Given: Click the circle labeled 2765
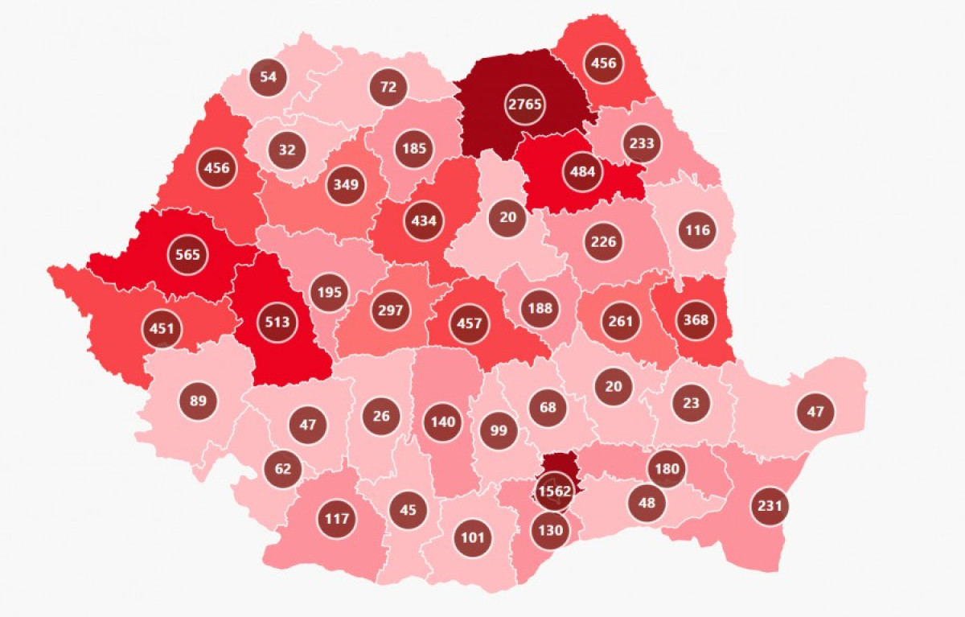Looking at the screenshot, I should pyautogui.click(x=525, y=104).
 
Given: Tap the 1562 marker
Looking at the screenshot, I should pyautogui.click(x=554, y=491).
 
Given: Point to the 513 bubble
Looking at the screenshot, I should pyautogui.click(x=277, y=323).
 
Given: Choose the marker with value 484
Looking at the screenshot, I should pyautogui.click(x=581, y=173).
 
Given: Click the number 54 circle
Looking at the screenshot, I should pyautogui.click(x=269, y=77).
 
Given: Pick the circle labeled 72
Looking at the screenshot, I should pyautogui.click(x=388, y=87).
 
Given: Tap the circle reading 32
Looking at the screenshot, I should pyautogui.click(x=287, y=150).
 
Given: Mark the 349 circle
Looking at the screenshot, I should pyautogui.click(x=347, y=184).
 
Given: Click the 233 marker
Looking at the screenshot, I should pyautogui.click(x=642, y=144).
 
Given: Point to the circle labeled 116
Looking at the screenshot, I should pyautogui.click(x=697, y=230).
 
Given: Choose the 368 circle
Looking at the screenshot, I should pyautogui.click(x=696, y=319).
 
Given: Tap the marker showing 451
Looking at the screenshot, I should pyautogui.click(x=162, y=328).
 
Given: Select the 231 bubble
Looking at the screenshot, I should pyautogui.click(x=770, y=507).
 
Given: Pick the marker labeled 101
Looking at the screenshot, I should pyautogui.click(x=472, y=537).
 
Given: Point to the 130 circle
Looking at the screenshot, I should pyautogui.click(x=552, y=530).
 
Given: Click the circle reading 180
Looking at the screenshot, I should pyautogui.click(x=667, y=469).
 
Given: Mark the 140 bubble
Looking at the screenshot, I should pyautogui.click(x=443, y=422).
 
